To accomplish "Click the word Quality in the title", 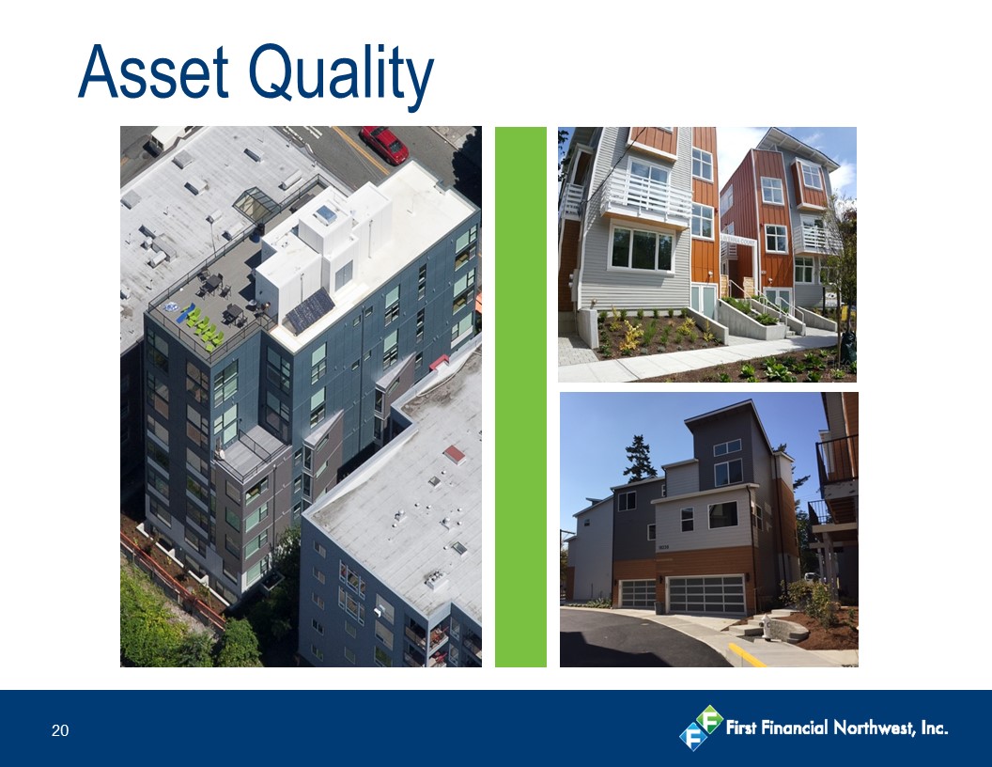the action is click(x=341, y=76).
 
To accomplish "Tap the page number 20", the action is click(x=60, y=731).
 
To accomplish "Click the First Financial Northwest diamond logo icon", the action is click(x=701, y=728).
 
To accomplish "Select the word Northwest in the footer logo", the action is click(x=874, y=728).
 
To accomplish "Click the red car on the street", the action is click(x=384, y=145).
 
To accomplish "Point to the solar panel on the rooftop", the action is click(x=309, y=310).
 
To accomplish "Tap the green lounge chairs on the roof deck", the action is click(x=203, y=326).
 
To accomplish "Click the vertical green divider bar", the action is click(x=520, y=397).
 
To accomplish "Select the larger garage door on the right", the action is click(x=707, y=595).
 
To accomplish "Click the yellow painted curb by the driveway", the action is click(x=747, y=655).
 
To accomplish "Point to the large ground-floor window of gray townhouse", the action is click(x=641, y=249).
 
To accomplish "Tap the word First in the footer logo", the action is click(x=741, y=728).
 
